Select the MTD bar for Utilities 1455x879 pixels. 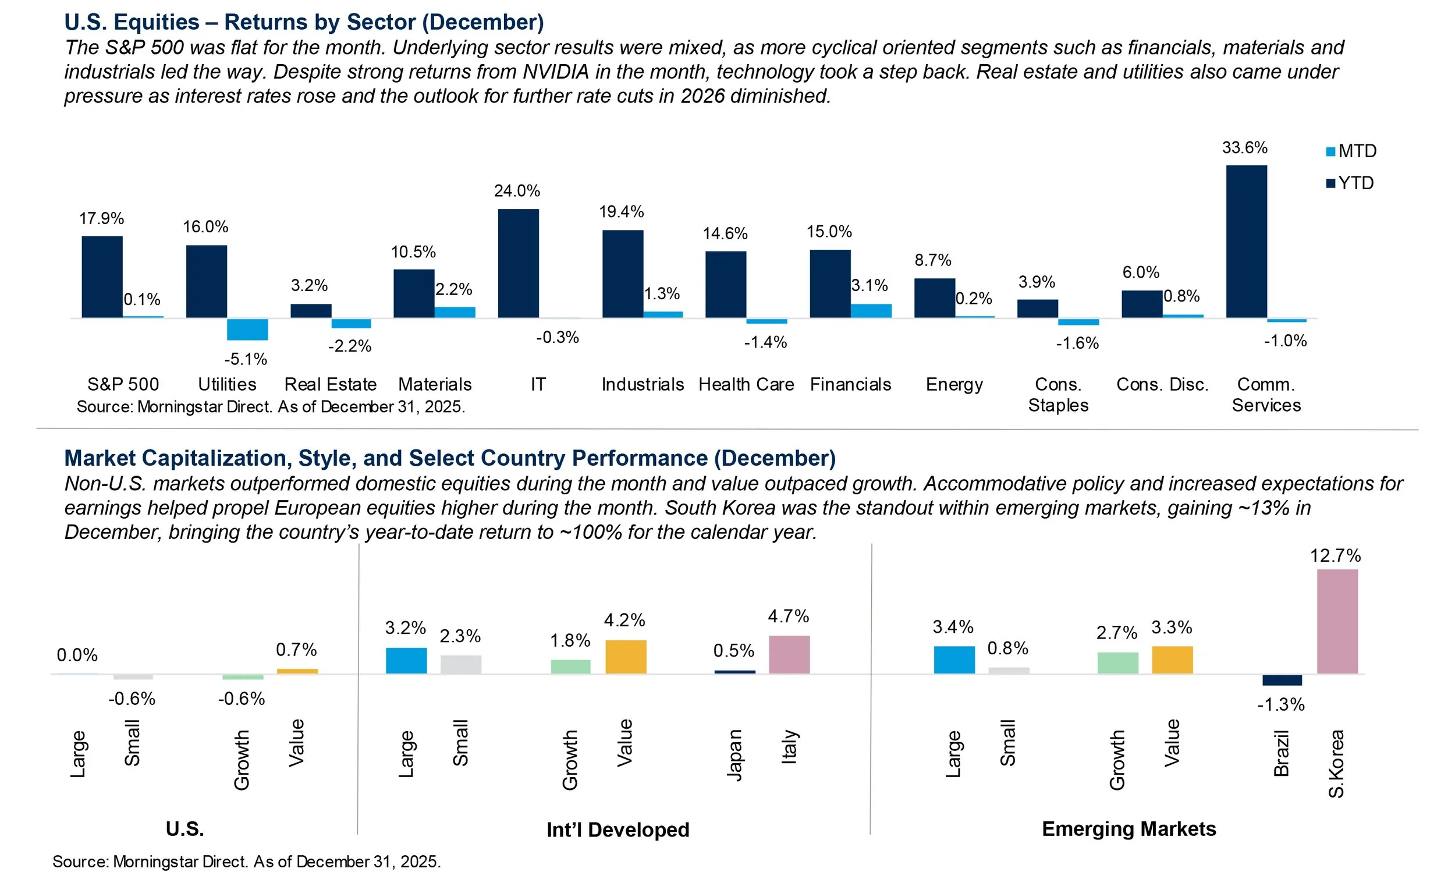pyautogui.click(x=247, y=329)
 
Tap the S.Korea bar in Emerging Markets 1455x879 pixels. pyautogui.click(x=1337, y=621)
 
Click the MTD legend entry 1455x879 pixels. pyautogui.click(x=1351, y=151)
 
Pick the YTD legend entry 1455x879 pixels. pyautogui.click(x=1351, y=183)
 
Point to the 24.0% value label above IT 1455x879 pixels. pyautogui.click(x=517, y=191)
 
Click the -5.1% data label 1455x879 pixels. pyautogui.click(x=246, y=359)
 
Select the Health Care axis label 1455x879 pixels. pyautogui.click(x=746, y=385)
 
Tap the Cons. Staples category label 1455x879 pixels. pyautogui.click(x=1058, y=395)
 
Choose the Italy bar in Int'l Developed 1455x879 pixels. pyautogui.click(x=789, y=654)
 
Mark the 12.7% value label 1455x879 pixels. pyautogui.click(x=1335, y=556)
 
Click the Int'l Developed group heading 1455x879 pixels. pyautogui.click(x=618, y=830)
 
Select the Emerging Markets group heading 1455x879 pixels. pyautogui.click(x=1128, y=829)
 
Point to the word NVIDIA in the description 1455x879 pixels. pyautogui.click(x=556, y=72)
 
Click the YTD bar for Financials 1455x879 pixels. pyautogui.click(x=830, y=283)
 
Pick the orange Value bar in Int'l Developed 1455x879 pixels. pyautogui.click(x=626, y=656)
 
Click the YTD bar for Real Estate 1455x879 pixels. pyautogui.click(x=311, y=311)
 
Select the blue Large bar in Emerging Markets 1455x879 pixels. pyautogui.click(x=954, y=660)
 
